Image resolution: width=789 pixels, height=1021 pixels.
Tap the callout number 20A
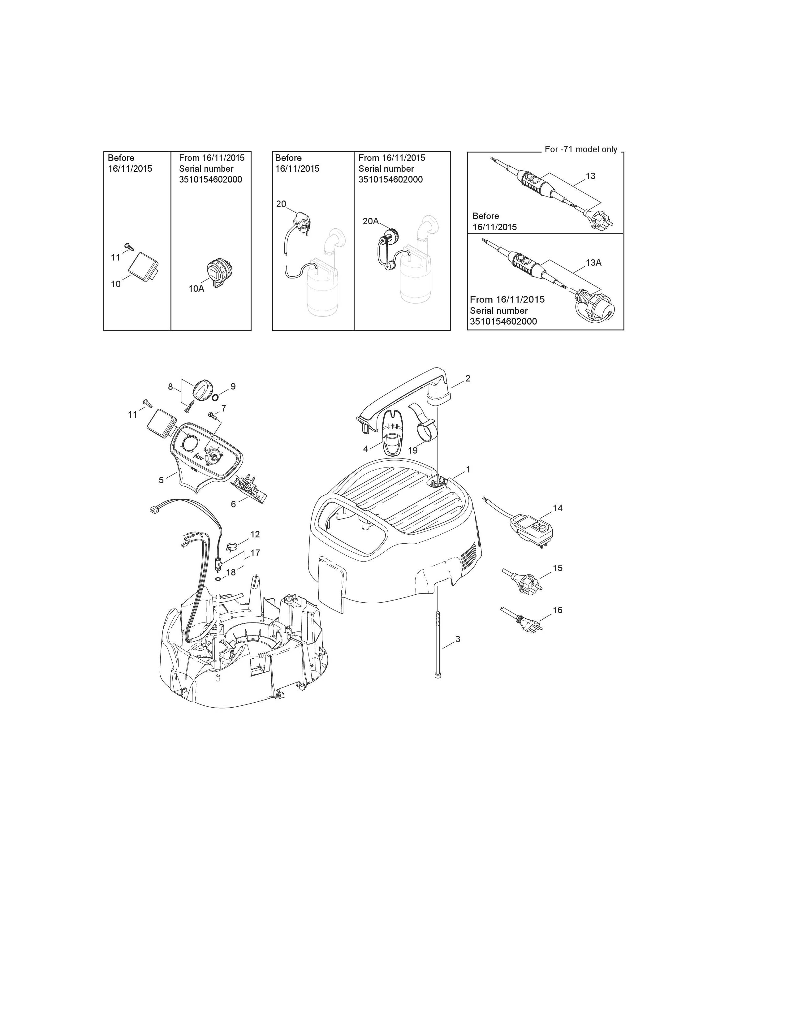click(x=371, y=221)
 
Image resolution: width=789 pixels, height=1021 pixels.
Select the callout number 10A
click(x=196, y=288)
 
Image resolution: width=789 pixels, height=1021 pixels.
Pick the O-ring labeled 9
click(x=215, y=397)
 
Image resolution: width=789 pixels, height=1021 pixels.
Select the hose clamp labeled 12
click(x=231, y=545)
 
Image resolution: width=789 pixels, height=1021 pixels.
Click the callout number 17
click(x=255, y=553)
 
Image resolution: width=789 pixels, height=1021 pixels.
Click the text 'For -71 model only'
click(x=581, y=150)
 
